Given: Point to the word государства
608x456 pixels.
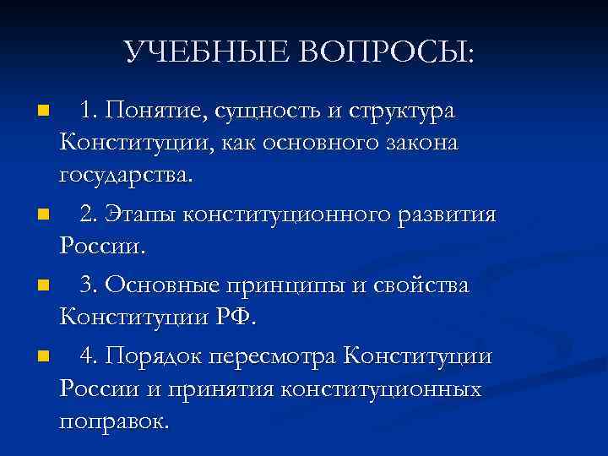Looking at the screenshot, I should coord(126,177).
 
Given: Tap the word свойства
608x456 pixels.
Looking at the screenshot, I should coord(422,285).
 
